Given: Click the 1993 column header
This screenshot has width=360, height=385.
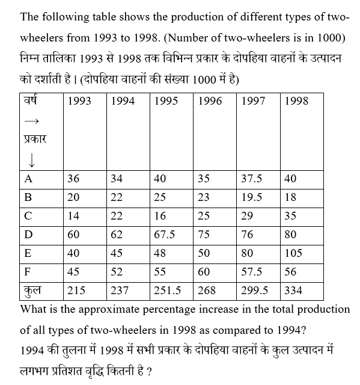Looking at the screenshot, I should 79,101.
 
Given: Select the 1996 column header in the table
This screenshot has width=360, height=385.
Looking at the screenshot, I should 209,101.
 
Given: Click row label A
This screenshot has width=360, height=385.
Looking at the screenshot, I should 28,179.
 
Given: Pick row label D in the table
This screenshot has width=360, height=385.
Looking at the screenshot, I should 28,235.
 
